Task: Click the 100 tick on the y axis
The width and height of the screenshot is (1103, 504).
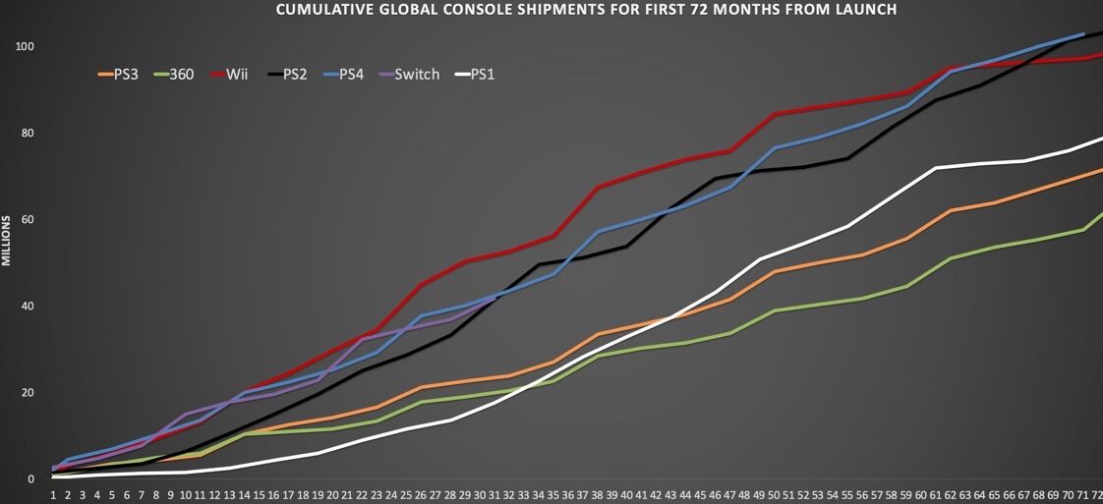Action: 25,46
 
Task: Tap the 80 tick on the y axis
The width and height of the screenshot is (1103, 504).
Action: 28,133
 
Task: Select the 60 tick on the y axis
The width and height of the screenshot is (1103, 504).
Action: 28,219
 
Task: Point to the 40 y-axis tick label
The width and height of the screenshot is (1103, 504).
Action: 28,306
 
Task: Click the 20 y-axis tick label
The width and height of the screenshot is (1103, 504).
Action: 28,392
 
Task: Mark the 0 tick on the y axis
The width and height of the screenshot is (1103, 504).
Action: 30,478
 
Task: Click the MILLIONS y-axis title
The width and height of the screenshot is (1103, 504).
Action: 7,241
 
